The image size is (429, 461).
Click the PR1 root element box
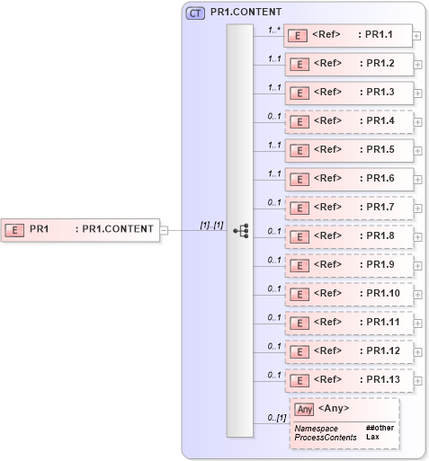point(80,229)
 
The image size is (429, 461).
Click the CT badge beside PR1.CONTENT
point(194,13)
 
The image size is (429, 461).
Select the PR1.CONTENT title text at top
point(246,13)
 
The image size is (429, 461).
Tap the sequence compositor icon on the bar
point(240,230)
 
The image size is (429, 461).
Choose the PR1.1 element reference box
point(351,35)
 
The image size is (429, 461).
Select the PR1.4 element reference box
point(351,121)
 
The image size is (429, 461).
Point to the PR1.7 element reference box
point(351,208)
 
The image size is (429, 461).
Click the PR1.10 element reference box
point(351,294)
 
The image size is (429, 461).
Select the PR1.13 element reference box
point(351,380)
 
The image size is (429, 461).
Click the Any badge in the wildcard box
point(305,409)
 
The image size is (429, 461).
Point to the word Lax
point(372,437)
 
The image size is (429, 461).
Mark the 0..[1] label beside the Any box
point(275,418)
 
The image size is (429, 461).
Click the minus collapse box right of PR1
point(164,229)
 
